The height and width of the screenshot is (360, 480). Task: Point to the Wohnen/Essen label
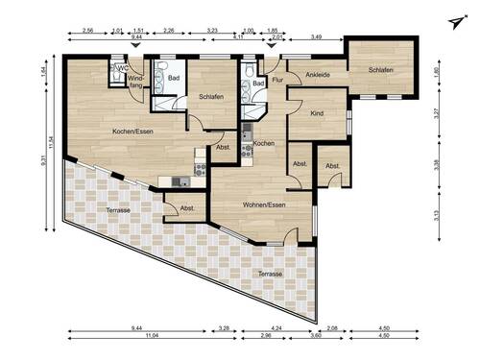tap(262, 204)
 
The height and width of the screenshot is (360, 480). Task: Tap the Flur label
tap(276, 81)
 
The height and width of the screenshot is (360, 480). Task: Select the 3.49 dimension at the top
tap(317, 36)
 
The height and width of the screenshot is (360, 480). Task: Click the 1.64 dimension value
tap(43, 72)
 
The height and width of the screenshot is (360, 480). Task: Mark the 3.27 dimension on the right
tap(435, 112)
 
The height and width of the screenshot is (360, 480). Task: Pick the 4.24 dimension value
tap(276, 329)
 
